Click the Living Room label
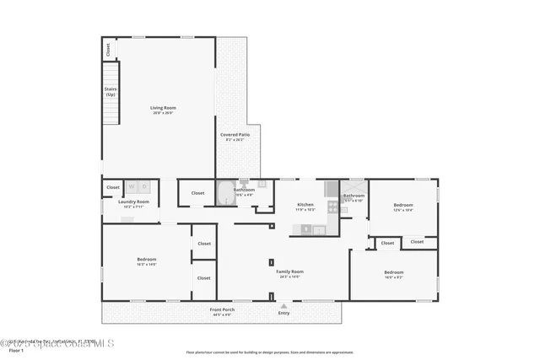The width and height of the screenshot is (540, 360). point(162,109)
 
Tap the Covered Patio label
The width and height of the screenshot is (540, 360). point(235,136)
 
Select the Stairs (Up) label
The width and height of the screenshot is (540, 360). point(111,91)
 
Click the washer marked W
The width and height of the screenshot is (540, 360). point(132,186)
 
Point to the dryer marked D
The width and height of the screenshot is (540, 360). point(144,186)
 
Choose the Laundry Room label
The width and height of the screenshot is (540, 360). point(133,202)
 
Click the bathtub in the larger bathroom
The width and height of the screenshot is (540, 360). point(225,196)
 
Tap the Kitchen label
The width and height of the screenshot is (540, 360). point(305,205)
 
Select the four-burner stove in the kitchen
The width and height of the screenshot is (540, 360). point(307,228)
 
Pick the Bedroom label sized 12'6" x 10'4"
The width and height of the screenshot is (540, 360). point(403,206)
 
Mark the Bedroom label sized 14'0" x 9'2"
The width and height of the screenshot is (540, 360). point(393,273)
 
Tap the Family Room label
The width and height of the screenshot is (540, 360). point(289,272)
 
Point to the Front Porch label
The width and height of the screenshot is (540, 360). point(222,311)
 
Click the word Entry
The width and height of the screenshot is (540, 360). point(283,314)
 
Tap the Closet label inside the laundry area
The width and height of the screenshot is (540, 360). point(113,187)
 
